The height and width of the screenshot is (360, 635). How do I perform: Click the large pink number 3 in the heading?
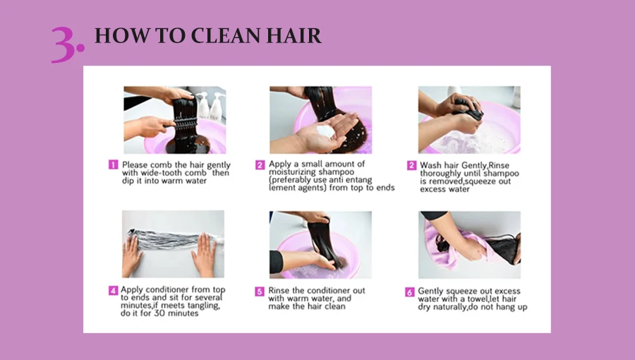click(64, 44)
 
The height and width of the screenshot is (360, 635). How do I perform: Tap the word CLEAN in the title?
click(225, 35)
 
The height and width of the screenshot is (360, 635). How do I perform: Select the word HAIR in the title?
click(294, 35)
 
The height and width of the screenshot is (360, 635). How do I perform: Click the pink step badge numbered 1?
click(113, 164)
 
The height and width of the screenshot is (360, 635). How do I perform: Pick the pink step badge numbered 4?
click(113, 290)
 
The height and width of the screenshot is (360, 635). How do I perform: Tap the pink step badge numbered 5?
click(260, 291)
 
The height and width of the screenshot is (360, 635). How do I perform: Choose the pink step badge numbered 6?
click(410, 292)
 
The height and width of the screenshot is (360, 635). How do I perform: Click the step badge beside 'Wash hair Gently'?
click(411, 165)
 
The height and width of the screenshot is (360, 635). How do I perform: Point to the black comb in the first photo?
click(181, 124)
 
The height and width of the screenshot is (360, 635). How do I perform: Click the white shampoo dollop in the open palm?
click(325, 131)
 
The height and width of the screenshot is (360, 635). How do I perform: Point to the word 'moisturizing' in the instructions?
click(291, 172)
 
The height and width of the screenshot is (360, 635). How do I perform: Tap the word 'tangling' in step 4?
click(204, 306)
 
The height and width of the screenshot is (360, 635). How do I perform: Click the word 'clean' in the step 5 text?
click(334, 306)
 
